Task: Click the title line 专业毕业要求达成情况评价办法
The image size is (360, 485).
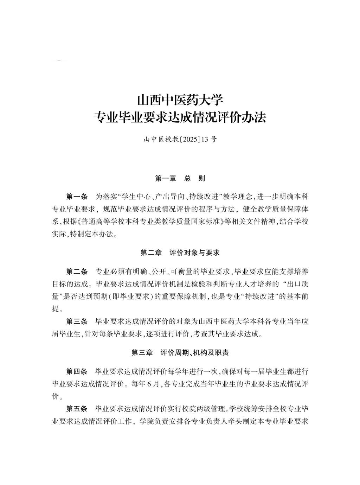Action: [180, 117]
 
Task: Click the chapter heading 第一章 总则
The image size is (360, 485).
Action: [180, 178]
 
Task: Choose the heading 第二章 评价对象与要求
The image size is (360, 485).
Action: [180, 253]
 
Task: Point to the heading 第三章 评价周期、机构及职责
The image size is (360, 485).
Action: [180, 352]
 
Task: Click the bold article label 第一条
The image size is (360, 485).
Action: [77, 196]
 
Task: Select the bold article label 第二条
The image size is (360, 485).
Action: [77, 271]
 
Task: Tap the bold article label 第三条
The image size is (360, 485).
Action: [77, 321]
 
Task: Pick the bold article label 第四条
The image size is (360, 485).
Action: [77, 371]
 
